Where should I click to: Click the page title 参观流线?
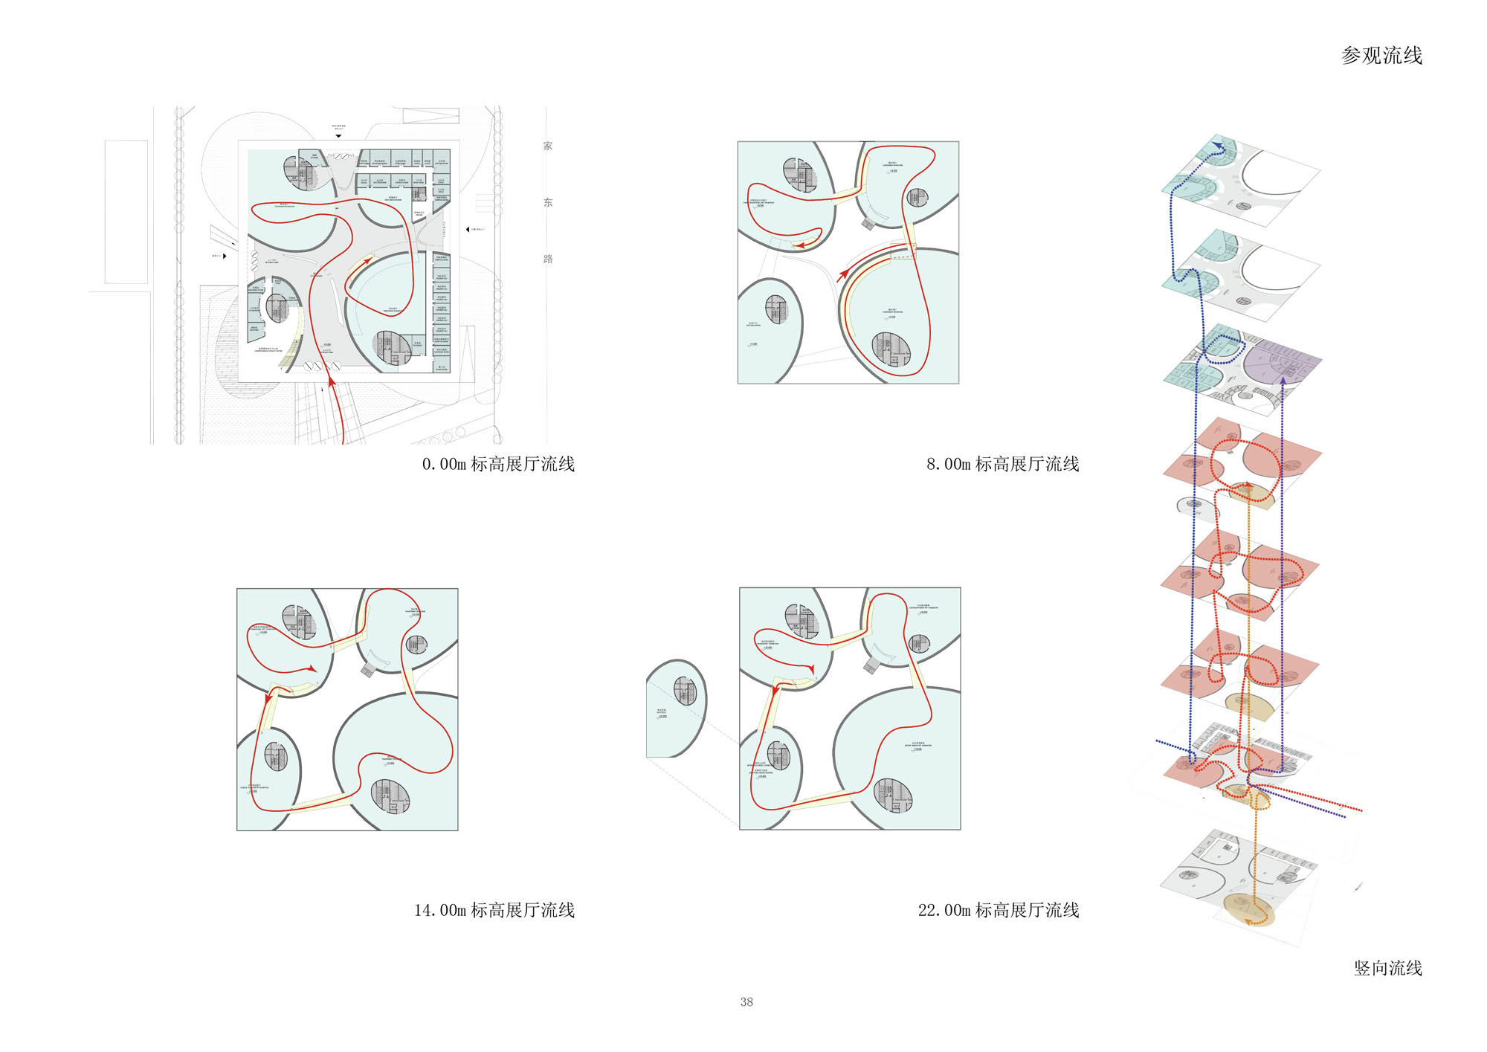click(x=1381, y=56)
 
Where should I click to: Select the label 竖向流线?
click(x=1387, y=968)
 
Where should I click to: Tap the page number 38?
click(x=746, y=1002)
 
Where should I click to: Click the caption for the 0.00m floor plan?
click(x=498, y=465)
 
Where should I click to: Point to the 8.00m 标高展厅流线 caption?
click(x=1002, y=465)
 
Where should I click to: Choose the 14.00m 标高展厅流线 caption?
click(x=494, y=910)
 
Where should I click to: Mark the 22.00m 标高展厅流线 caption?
click(x=999, y=910)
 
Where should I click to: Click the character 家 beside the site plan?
click(x=548, y=146)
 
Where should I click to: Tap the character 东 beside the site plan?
click(x=548, y=202)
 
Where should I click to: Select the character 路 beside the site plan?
click(x=548, y=259)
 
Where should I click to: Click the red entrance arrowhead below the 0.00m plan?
click(x=332, y=382)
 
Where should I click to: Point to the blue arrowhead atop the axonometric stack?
click(x=1217, y=145)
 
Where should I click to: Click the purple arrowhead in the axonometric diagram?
click(x=1283, y=382)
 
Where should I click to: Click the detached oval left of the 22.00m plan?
click(x=675, y=708)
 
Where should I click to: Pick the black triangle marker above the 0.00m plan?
click(x=338, y=136)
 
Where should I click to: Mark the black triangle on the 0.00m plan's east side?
click(x=467, y=230)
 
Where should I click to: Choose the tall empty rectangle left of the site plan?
click(x=126, y=212)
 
